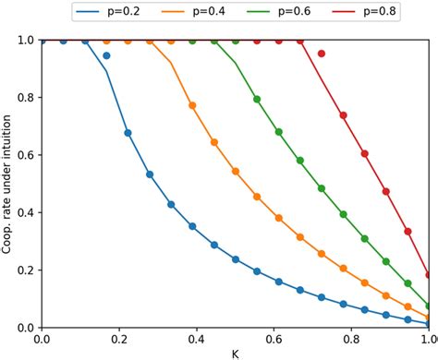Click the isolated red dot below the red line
[322, 54]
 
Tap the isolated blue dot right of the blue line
[106, 56]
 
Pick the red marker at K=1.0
[429, 274]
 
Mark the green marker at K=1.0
[429, 306]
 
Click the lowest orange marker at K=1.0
[429, 317]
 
